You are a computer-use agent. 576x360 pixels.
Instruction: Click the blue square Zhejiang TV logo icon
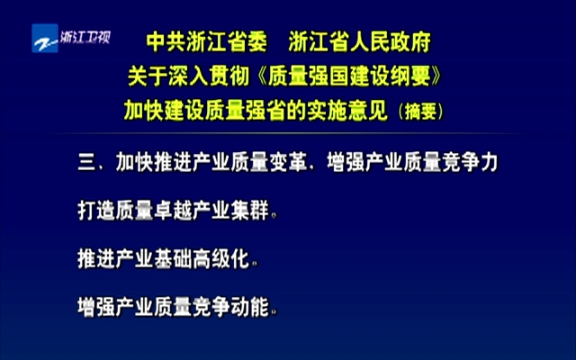pos(45,38)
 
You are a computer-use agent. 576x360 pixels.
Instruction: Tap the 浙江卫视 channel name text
pos(85,38)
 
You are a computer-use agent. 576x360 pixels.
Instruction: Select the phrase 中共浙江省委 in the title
pos(206,41)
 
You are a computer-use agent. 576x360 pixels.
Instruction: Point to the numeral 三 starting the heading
pos(87,162)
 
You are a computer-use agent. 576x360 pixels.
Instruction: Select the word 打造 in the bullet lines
pos(97,211)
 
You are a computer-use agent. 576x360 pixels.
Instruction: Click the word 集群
pos(250,211)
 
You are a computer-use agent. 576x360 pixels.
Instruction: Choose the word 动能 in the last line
pos(250,307)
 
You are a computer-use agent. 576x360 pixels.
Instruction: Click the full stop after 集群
pos(274,216)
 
